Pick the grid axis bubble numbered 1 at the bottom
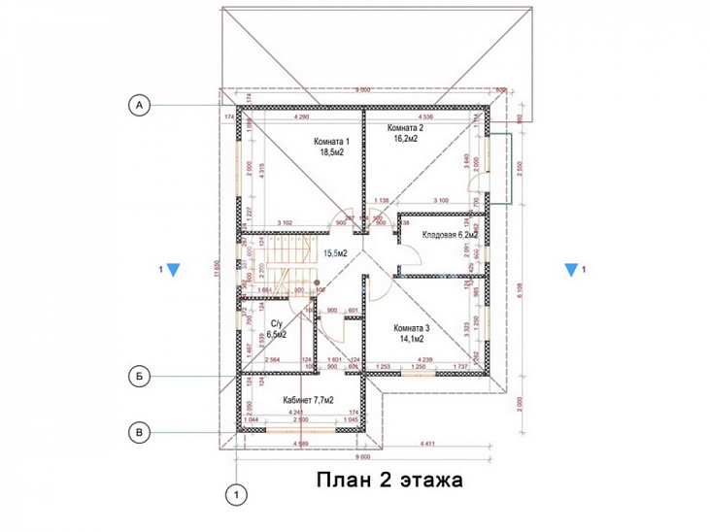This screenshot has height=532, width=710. [x=234, y=494]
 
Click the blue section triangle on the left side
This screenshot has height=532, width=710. [x=171, y=270]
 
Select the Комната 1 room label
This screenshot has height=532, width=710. [x=330, y=141]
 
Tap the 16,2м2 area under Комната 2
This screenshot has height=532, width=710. [x=405, y=140]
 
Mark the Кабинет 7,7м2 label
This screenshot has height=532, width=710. [x=309, y=399]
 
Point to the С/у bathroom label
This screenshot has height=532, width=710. [x=276, y=322]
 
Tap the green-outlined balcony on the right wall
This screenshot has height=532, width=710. [x=500, y=169]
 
